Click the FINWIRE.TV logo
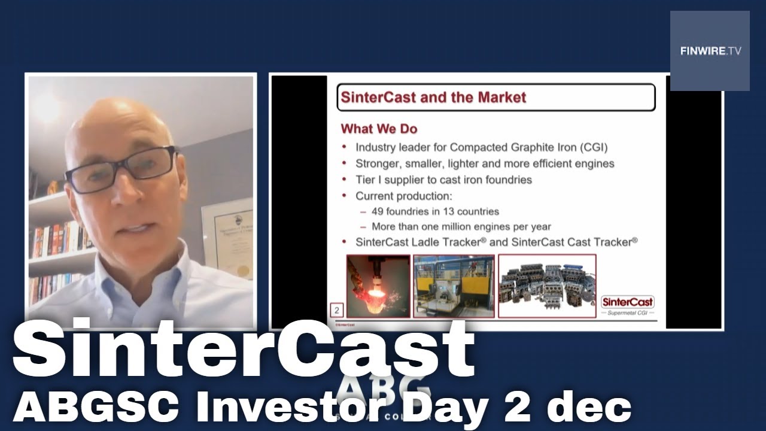click(710, 51)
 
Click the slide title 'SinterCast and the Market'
click(433, 98)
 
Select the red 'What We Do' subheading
click(379, 129)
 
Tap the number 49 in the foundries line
click(379, 211)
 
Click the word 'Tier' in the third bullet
click(366, 180)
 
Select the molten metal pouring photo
click(378, 286)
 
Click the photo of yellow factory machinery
click(454, 286)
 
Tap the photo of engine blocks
click(547, 286)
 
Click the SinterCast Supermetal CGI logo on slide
click(627, 305)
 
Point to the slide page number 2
click(337, 310)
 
